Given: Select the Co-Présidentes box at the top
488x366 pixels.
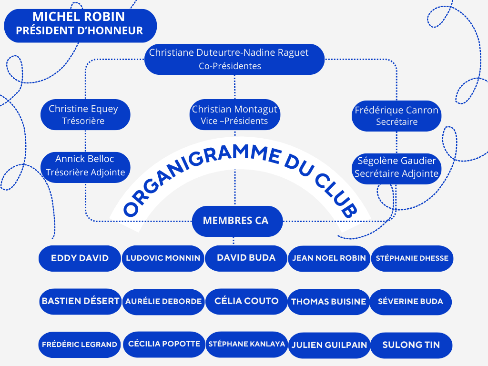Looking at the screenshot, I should point(234,60).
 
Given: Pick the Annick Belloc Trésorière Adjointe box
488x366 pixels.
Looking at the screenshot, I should point(85,165).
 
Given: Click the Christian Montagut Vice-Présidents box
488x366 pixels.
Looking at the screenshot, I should point(234,115).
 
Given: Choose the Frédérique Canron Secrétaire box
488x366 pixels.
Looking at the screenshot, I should point(396,116).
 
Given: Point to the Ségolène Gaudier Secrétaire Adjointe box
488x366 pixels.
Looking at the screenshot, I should point(396,167).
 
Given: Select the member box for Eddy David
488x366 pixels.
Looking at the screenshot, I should point(80,258).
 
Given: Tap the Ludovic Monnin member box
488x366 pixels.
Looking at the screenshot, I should point(163,258).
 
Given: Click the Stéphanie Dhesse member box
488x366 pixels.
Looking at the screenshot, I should point(412,258).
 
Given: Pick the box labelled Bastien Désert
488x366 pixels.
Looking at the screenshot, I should point(80,301).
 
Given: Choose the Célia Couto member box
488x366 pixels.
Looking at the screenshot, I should point(246,301).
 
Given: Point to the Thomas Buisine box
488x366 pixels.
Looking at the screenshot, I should point(328,302).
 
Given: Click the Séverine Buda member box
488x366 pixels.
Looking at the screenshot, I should point(410,302).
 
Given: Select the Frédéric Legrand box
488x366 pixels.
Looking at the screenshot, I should point(80,345).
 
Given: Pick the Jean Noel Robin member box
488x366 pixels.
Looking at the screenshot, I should point(329,258).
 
